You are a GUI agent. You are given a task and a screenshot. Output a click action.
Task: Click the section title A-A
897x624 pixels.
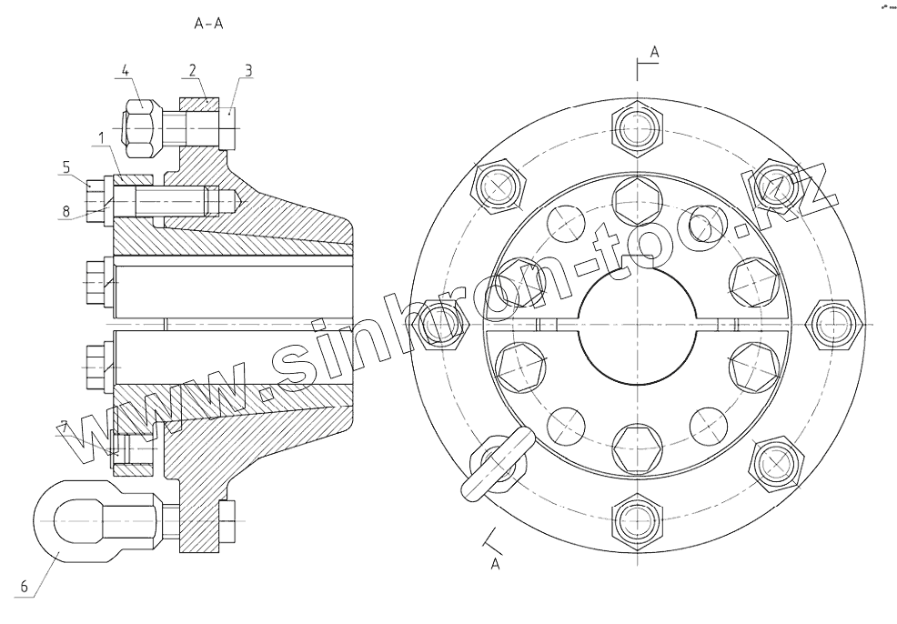click(x=208, y=24)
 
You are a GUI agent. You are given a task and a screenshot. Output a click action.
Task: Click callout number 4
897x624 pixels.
click(x=126, y=71)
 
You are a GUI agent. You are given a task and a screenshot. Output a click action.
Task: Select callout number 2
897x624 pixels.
click(x=192, y=70)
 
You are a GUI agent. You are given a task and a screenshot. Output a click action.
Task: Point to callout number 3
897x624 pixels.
click(x=248, y=71)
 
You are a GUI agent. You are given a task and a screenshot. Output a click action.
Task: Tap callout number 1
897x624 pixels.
click(x=101, y=137)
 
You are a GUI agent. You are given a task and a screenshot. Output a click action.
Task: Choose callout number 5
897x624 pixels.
click(x=66, y=167)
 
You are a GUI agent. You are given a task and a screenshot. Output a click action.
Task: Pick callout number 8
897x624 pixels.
click(x=66, y=211)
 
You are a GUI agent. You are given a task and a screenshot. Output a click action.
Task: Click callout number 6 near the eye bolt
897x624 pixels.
click(x=24, y=587)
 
